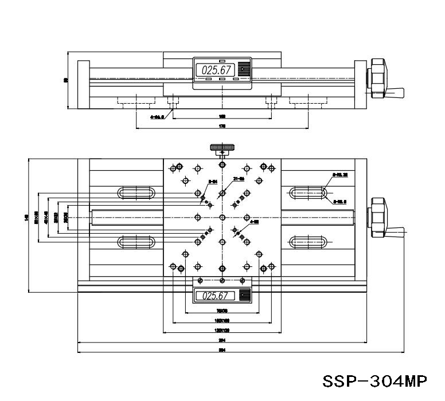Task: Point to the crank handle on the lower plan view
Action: [x=394, y=231]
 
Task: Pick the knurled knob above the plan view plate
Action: [x=221, y=149]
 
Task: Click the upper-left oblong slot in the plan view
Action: [x=135, y=192]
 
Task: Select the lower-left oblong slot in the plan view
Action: [x=135, y=242]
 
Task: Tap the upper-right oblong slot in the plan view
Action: [x=309, y=192]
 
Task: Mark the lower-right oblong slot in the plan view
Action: [x=309, y=242]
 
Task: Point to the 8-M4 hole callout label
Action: [x=212, y=182]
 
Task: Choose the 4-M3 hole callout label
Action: [x=255, y=221]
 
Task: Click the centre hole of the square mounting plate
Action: [x=222, y=217]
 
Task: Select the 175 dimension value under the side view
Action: [x=222, y=125]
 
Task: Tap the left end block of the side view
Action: [x=83, y=85]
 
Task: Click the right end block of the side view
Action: [x=360, y=85]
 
